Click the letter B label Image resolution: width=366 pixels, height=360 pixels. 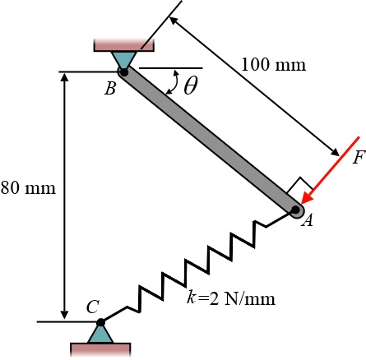110,89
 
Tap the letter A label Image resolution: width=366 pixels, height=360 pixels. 307,220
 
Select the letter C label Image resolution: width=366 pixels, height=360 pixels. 93,307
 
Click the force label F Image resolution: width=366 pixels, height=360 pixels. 359,158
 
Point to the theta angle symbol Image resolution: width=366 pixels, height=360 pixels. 190,85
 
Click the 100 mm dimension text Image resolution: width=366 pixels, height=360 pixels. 273,65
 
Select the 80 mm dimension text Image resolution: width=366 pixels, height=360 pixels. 28,188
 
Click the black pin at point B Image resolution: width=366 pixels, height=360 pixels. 124,72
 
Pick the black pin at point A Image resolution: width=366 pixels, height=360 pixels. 295,210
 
